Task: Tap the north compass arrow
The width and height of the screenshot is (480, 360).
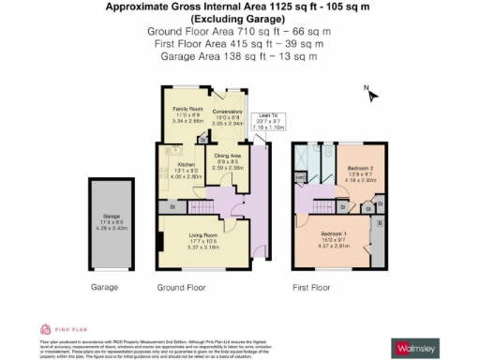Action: click(x=372, y=94)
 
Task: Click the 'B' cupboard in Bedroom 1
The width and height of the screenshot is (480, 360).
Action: click(x=378, y=224)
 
